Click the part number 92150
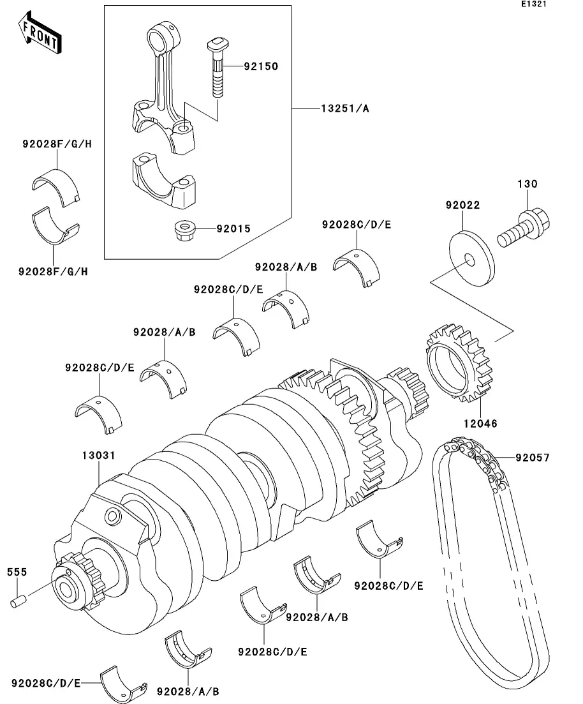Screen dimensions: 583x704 point(261,66)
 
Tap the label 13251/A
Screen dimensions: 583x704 point(344,109)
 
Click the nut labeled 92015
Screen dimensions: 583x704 point(182,230)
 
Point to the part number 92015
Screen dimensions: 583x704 point(233,229)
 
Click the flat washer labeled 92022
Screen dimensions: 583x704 point(472,258)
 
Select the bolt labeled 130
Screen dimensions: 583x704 point(523,228)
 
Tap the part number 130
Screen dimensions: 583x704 point(528,184)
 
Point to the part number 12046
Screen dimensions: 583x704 point(480,423)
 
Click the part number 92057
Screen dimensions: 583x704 point(532,458)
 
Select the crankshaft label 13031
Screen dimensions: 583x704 point(99,455)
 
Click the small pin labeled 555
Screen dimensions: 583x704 point(19,601)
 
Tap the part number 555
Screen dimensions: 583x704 point(17,572)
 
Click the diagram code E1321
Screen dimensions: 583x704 point(534,4)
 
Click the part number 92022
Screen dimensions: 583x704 point(462,205)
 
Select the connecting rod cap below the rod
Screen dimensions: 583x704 point(164,182)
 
